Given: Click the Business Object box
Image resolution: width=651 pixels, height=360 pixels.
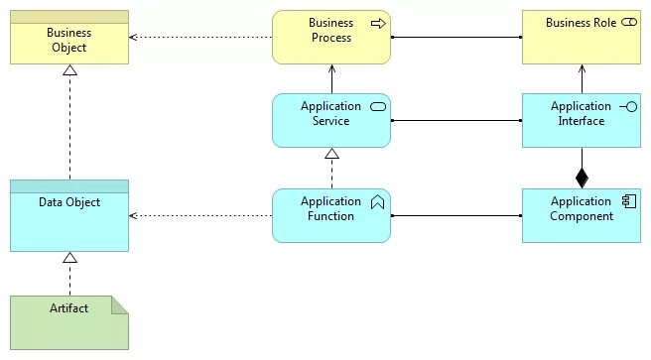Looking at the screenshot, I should pyautogui.click(x=69, y=39).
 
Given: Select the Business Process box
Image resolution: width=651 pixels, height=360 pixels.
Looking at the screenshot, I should pyautogui.click(x=331, y=37).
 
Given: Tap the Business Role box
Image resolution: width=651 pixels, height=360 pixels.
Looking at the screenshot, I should pyautogui.click(x=582, y=37).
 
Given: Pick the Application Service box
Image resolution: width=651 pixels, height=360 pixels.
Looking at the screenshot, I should pyautogui.click(x=331, y=120).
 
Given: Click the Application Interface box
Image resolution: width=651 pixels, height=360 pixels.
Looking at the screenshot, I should pyautogui.click(x=582, y=120).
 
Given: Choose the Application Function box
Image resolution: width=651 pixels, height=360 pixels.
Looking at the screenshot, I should pyautogui.click(x=331, y=215).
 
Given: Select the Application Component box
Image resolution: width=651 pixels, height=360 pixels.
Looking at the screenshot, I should pyautogui.click(x=582, y=215).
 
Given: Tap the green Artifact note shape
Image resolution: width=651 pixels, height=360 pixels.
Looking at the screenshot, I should pyautogui.click(x=69, y=322).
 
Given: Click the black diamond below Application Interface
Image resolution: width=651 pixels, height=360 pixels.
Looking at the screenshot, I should pyautogui.click(x=582, y=178).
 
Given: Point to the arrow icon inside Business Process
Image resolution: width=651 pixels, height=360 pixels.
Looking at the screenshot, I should pyautogui.click(x=377, y=23).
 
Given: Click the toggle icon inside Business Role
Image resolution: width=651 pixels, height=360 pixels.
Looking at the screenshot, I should pyautogui.click(x=628, y=23).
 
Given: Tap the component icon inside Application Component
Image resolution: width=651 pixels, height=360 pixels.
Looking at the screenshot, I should pyautogui.click(x=628, y=201).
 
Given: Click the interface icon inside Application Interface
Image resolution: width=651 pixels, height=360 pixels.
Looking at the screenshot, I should pyautogui.click(x=627, y=106).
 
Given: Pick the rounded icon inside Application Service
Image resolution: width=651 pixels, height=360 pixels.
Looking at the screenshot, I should pyautogui.click(x=377, y=106).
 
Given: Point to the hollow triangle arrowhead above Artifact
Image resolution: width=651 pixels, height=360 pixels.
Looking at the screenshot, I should pyautogui.click(x=69, y=258).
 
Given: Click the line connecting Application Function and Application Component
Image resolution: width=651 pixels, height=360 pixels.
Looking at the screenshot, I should pyautogui.click(x=456, y=215).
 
